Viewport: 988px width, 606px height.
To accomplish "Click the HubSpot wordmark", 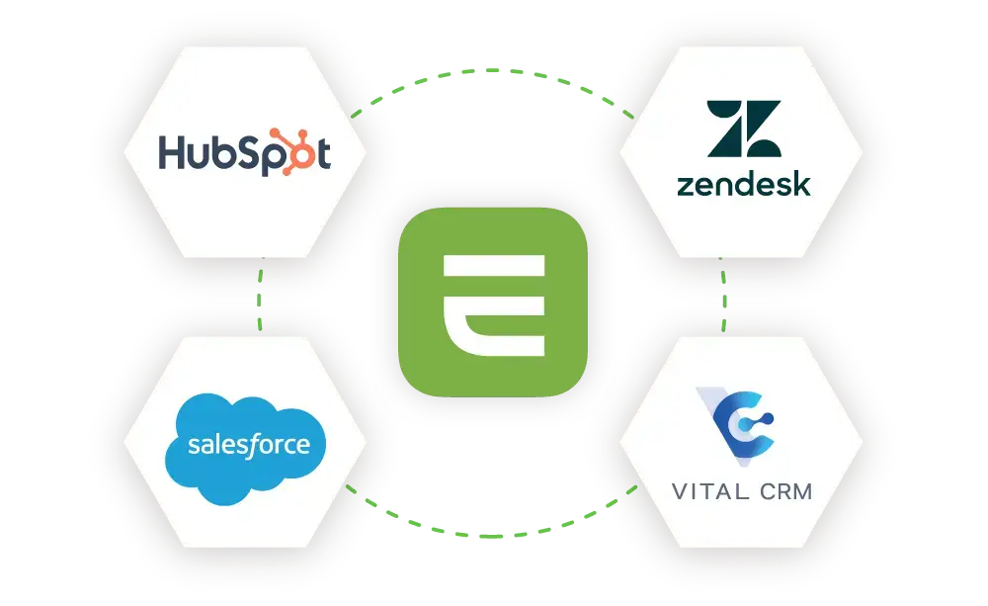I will pos(245,155).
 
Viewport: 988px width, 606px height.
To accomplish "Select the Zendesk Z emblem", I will pos(743,130).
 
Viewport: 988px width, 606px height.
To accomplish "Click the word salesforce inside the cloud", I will pos(248,445).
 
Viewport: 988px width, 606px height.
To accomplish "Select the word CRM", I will pos(782,490).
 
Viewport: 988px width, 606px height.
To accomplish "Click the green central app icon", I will pos(492,301).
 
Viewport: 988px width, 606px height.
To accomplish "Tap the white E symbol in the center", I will pos(493,303).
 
